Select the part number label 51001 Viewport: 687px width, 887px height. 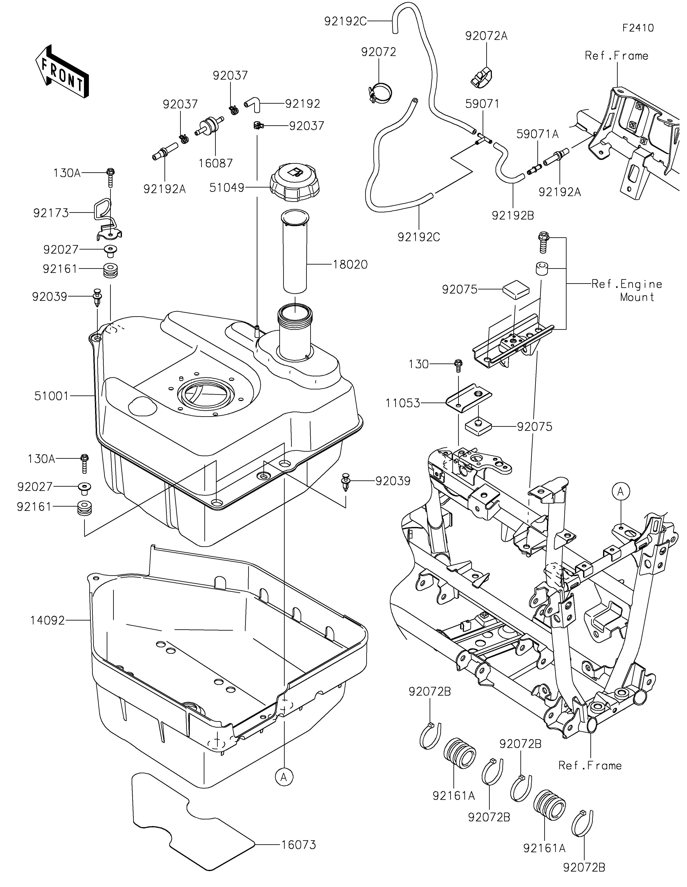52,396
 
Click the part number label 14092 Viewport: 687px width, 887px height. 47,620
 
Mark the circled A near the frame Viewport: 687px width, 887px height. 620,492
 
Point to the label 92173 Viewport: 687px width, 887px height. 51,213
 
